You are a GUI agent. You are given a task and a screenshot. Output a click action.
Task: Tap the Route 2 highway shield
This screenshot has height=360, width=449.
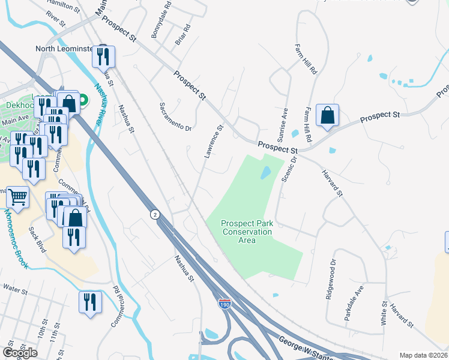(x=155, y=215)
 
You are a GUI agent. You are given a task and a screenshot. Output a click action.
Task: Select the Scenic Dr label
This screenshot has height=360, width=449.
(x=287, y=171)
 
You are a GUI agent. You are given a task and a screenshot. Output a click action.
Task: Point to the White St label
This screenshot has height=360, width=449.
(x=384, y=314)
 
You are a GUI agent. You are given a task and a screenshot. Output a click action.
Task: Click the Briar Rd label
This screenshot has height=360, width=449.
(x=182, y=35)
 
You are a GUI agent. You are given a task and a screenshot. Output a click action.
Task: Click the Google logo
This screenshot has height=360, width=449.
(x=20, y=353)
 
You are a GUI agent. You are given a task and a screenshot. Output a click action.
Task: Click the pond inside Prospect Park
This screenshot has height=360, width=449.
(x=265, y=173)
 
